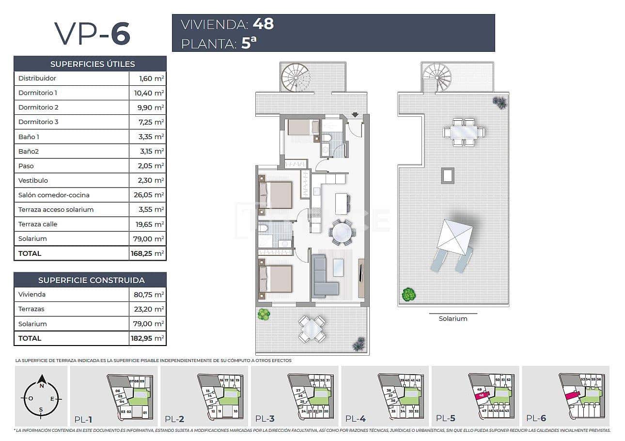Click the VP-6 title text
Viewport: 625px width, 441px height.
point(92,33)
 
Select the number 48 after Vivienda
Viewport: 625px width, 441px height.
point(263,24)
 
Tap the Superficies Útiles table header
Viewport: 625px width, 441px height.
point(90,64)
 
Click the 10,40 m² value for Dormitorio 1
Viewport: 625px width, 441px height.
point(148,93)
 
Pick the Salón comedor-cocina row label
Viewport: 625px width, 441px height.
point(54,195)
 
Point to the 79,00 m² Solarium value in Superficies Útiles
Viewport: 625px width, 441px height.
point(148,239)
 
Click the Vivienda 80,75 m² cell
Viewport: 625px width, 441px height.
point(148,295)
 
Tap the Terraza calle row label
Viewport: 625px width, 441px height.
point(38,224)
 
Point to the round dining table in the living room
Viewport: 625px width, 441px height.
point(342,232)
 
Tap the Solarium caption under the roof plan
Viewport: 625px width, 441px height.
point(453,319)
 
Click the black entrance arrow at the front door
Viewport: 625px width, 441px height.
point(355,115)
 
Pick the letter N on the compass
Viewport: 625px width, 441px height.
point(42,386)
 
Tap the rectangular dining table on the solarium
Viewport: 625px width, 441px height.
point(464,132)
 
